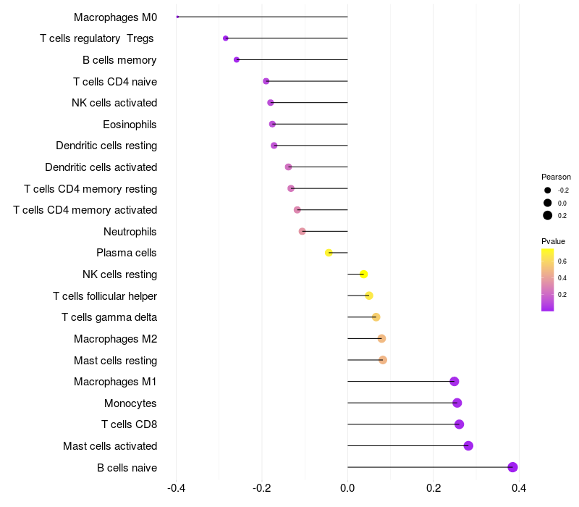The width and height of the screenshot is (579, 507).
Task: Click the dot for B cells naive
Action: (513, 467)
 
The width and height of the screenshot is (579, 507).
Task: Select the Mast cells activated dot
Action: (468, 445)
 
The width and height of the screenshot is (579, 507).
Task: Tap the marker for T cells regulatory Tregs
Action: (226, 38)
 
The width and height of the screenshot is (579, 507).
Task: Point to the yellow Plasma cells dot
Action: (329, 253)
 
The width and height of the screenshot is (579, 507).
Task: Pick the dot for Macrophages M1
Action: (455, 382)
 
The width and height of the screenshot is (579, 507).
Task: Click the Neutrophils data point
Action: (303, 231)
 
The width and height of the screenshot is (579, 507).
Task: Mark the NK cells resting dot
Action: (364, 274)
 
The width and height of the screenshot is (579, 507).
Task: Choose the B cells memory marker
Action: (237, 59)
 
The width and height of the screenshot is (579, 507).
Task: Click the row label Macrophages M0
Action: (115, 17)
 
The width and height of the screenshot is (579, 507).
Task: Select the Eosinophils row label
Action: (130, 124)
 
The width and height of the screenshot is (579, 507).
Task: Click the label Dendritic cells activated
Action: (101, 167)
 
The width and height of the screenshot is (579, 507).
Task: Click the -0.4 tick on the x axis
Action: (176, 488)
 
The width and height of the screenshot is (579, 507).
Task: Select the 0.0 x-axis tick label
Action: (347, 488)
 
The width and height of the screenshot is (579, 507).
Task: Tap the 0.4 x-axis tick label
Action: (519, 488)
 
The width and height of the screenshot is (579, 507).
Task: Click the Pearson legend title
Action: (556, 177)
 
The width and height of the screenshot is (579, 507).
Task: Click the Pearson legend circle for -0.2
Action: (548, 190)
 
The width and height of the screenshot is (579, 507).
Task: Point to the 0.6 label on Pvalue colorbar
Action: (562, 261)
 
